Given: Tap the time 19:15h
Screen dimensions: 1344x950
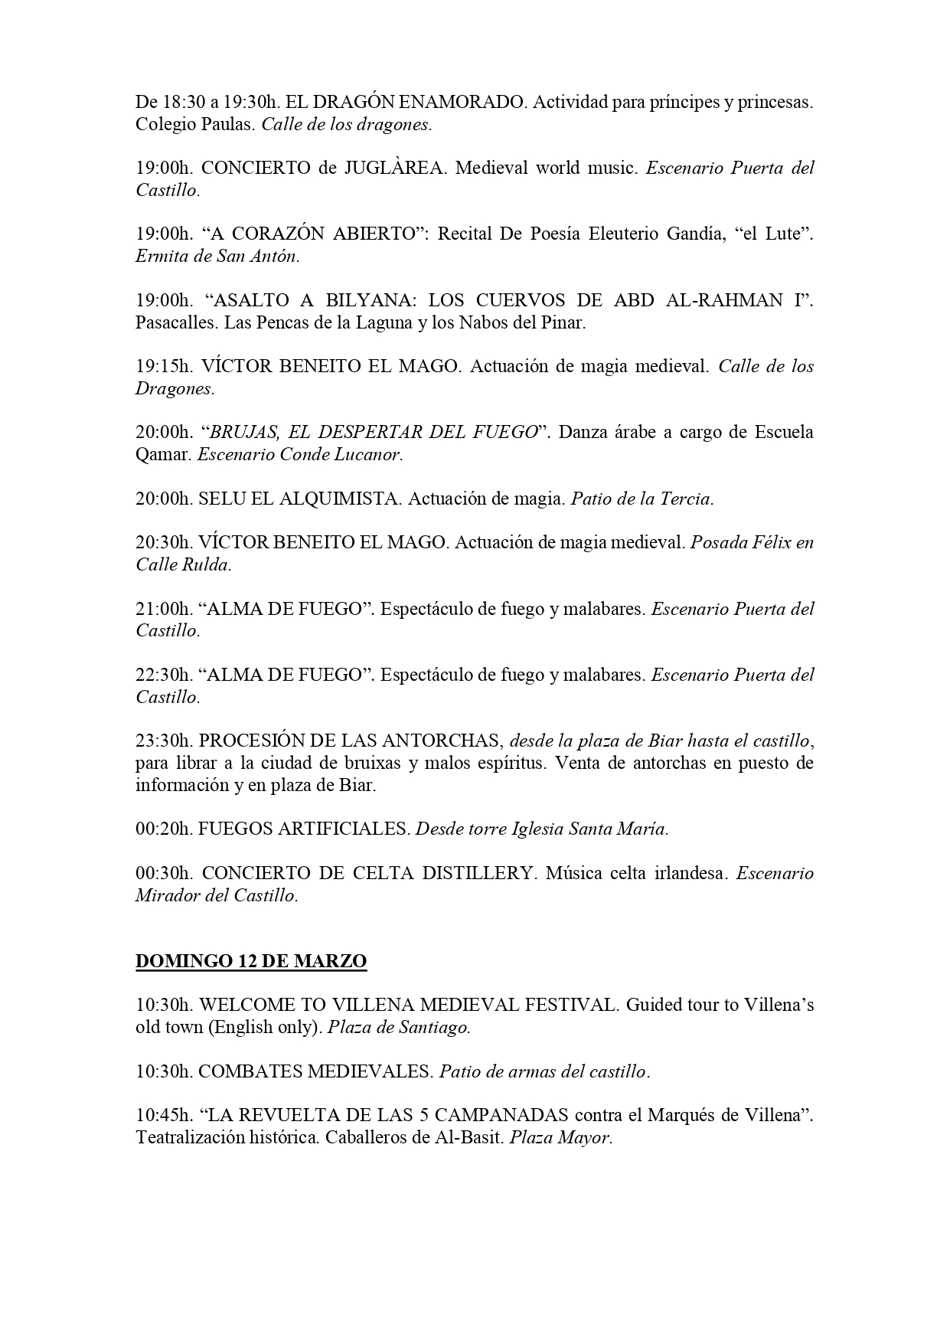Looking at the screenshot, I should click(x=163, y=366).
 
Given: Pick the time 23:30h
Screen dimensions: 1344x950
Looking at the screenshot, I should click(x=163, y=741).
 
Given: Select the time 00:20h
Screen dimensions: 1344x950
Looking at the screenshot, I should click(x=163, y=829).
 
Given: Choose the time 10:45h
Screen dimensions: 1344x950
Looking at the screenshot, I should click(x=163, y=1115).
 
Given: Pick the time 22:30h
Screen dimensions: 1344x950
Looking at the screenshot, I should click(x=163, y=675).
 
